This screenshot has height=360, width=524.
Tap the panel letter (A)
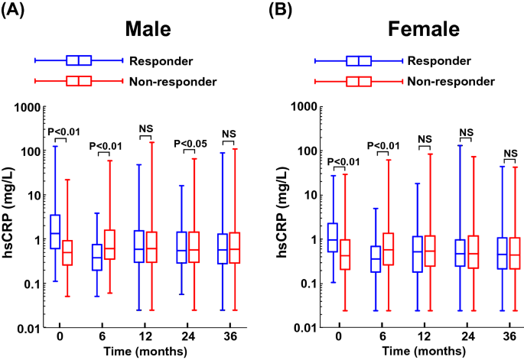click(15, 10)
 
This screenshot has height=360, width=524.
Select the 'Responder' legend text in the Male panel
click(161, 60)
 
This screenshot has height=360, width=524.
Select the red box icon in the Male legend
click(79, 81)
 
